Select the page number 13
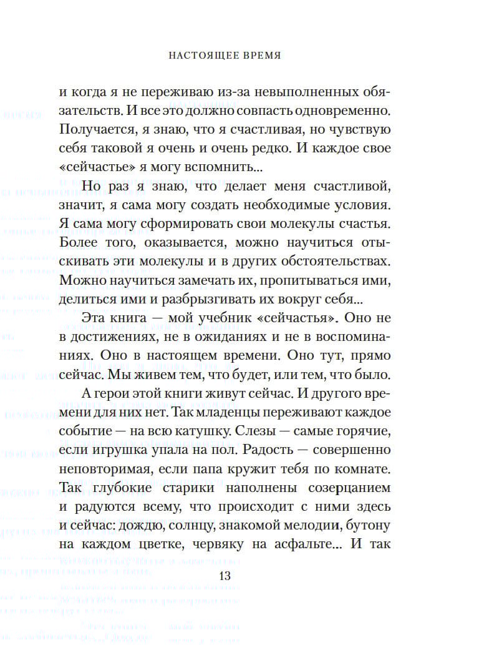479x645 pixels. coord(225,576)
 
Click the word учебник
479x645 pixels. coord(212,318)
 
